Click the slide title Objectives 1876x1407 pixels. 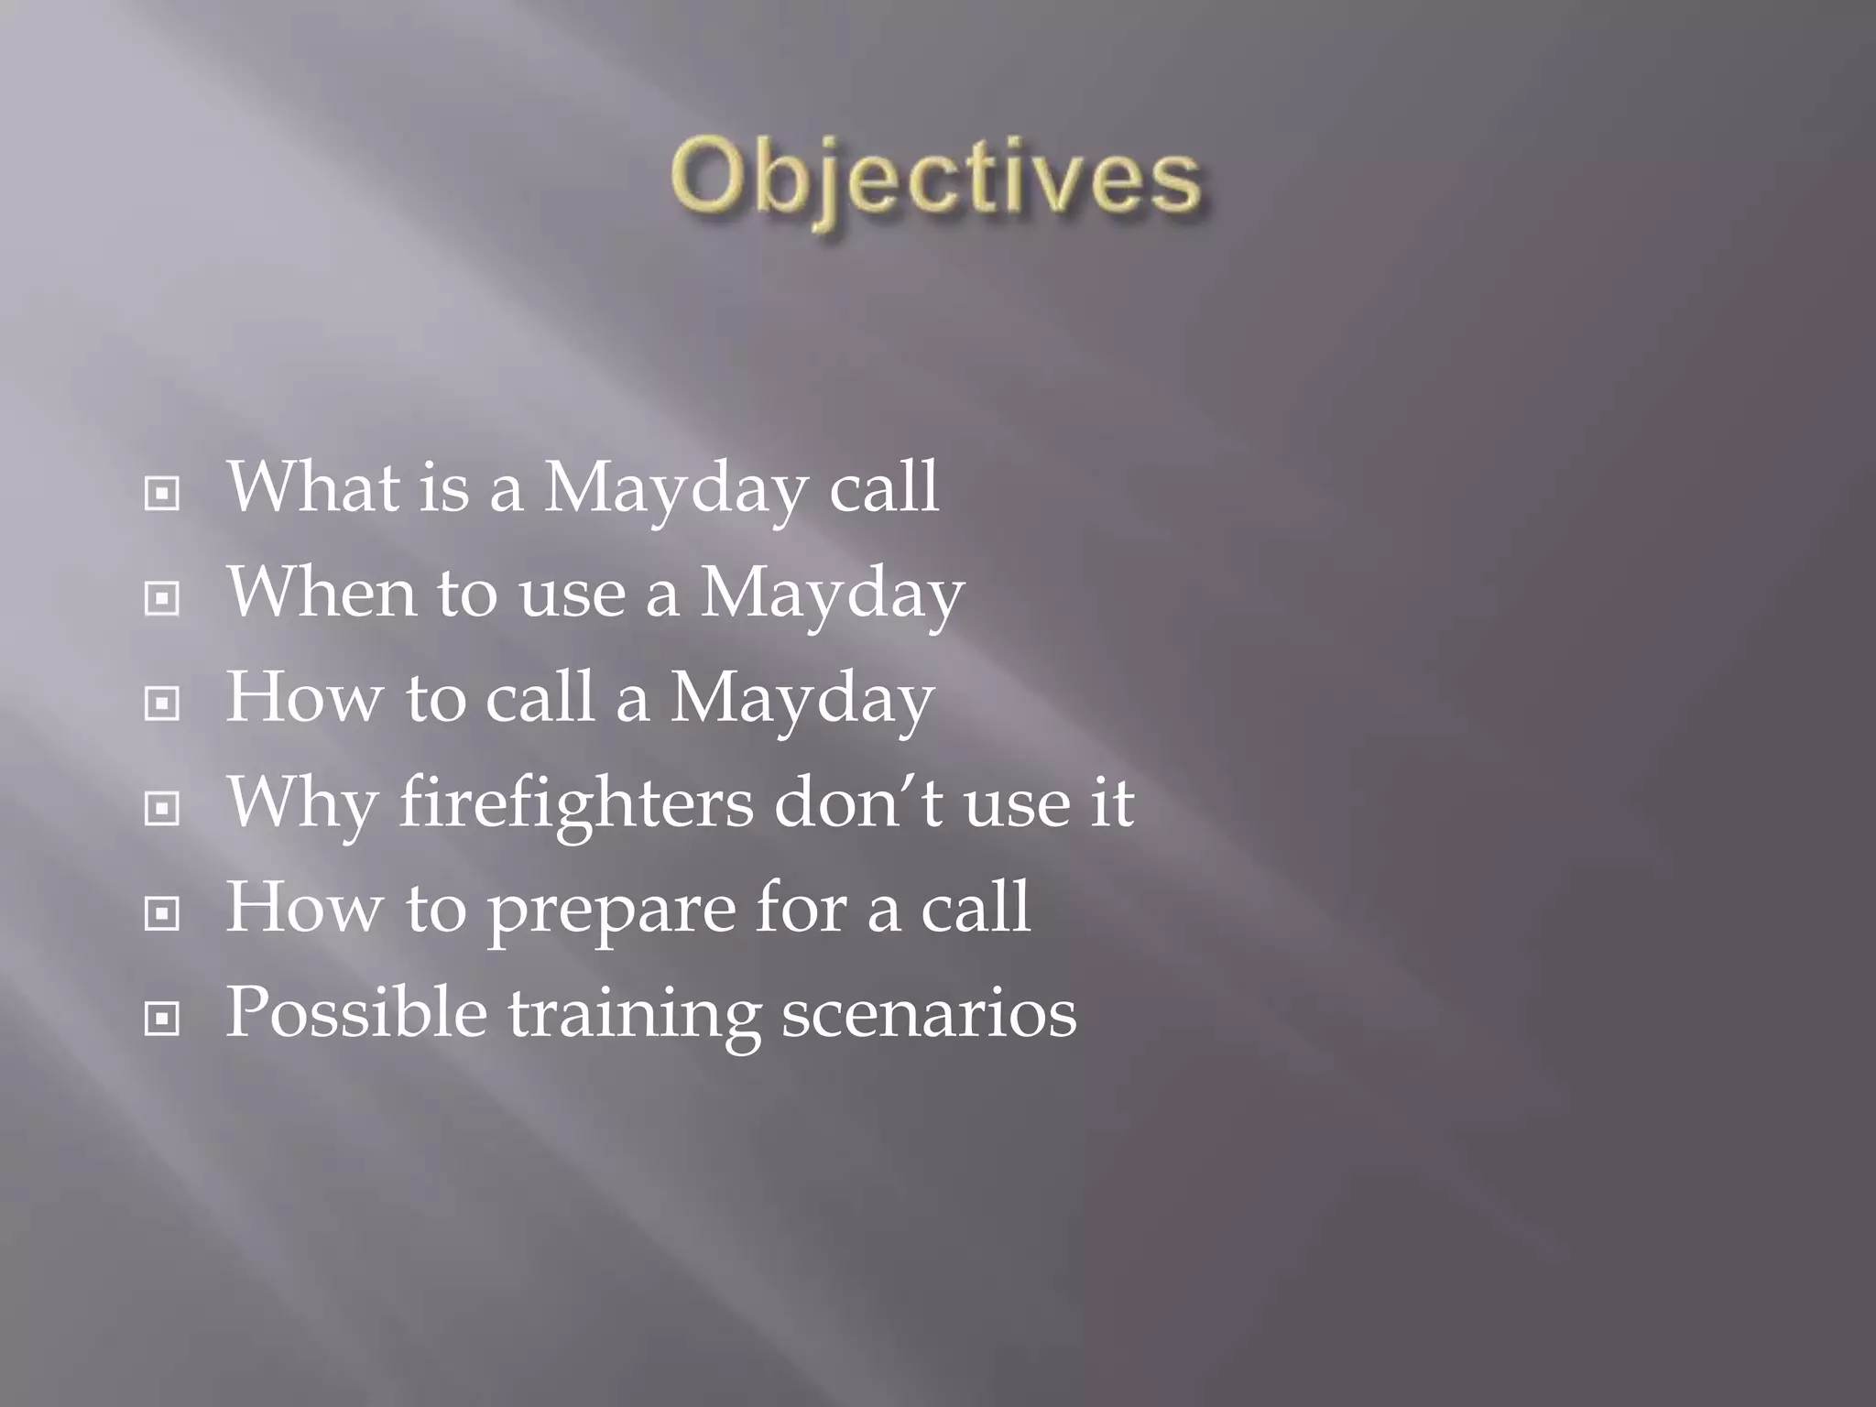[x=934, y=179]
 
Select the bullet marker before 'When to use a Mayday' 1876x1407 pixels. [x=162, y=599]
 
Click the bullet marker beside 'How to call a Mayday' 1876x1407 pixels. [x=162, y=703]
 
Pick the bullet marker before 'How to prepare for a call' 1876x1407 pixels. [x=162, y=913]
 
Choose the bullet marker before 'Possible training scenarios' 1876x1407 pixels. [x=162, y=1018]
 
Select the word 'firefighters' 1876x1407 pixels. [x=576, y=803]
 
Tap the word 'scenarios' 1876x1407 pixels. [x=929, y=1013]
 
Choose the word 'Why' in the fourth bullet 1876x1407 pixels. [x=301, y=803]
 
